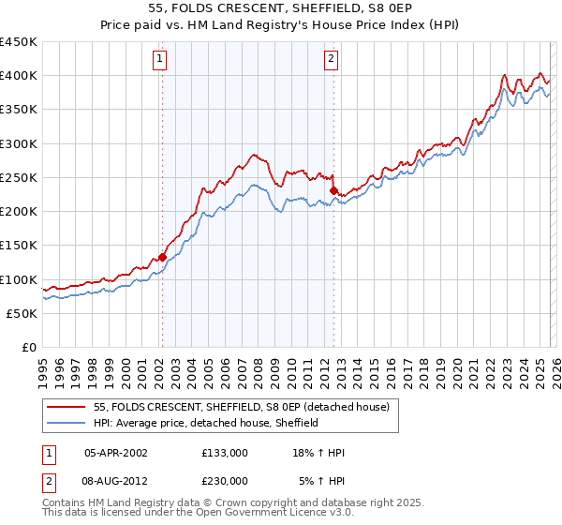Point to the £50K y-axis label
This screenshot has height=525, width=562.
point(22,313)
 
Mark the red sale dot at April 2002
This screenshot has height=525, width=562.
point(162,256)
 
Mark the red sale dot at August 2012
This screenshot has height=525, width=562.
point(333,190)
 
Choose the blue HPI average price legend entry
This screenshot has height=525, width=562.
point(206,423)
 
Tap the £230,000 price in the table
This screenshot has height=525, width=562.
point(225,480)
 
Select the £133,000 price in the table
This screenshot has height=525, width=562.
point(225,453)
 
